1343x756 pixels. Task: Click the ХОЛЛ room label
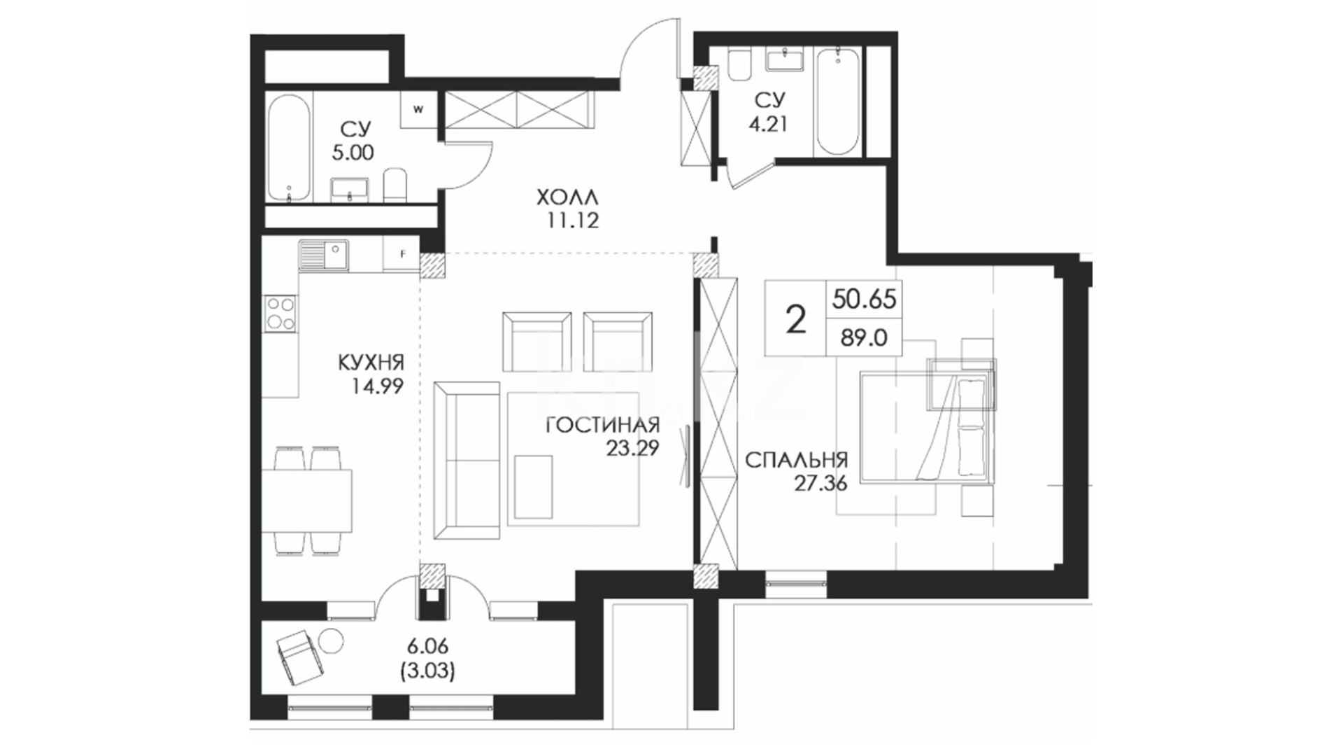click(568, 198)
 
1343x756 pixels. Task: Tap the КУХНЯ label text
click(371, 363)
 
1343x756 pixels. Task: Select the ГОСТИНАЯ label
click(603, 426)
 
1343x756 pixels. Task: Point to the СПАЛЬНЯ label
click(796, 461)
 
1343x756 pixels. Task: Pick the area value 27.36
click(820, 483)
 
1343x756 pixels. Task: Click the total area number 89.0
click(863, 338)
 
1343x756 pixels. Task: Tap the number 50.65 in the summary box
click(864, 299)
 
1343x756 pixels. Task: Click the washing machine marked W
click(419, 109)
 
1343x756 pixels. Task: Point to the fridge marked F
click(402, 254)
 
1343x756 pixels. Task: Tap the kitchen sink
click(324, 255)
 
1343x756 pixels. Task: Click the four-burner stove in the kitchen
click(280, 313)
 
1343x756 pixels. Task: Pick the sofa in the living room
click(467, 460)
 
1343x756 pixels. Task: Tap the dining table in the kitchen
click(307, 500)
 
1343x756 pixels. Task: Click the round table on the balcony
click(331, 640)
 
